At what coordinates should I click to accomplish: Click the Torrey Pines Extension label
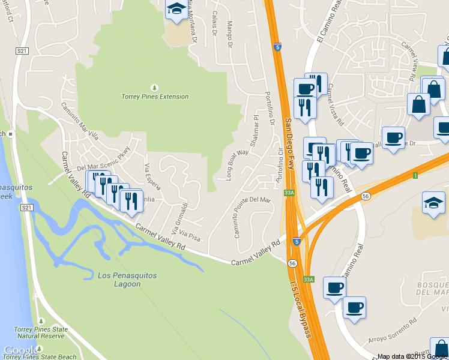tap(155, 97)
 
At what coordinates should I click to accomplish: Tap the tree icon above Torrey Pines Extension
tap(155, 87)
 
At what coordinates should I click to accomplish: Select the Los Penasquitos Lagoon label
tap(127, 280)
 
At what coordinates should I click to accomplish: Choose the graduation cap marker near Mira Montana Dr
tap(176, 10)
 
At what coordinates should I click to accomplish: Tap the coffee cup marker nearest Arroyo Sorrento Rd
tap(354, 308)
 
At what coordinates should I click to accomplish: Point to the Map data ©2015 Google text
tap(412, 356)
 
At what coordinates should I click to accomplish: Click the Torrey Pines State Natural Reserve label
tap(40, 333)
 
